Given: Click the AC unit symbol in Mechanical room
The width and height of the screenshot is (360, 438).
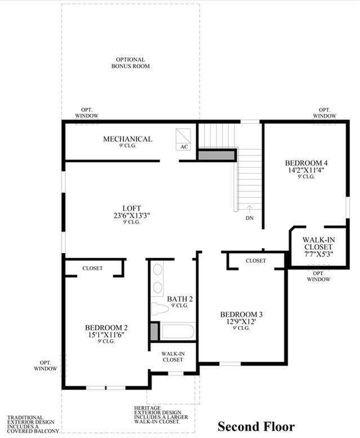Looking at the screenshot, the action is [183, 139].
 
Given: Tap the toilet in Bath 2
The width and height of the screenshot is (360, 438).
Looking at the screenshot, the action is [160, 308].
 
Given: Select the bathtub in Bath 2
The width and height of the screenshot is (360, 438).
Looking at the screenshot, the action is [178, 331].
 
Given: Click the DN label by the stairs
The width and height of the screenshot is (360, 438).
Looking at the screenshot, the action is [250, 218].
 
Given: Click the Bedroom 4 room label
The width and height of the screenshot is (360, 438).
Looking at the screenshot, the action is [306, 163].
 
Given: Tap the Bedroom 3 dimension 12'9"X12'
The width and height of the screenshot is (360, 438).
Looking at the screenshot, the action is [241, 321].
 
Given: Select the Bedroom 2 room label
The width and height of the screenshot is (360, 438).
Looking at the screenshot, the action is [106, 328].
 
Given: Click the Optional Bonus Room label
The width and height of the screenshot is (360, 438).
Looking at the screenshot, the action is [131, 63].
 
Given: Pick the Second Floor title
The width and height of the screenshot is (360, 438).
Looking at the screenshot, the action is [256, 427].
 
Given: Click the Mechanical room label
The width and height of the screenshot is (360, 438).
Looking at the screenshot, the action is [128, 139].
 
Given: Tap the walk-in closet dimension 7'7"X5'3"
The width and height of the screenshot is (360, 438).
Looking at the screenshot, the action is [318, 254].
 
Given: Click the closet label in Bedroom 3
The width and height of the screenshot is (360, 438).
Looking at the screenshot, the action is [256, 260].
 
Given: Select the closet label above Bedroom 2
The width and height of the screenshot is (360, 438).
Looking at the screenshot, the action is [92, 268].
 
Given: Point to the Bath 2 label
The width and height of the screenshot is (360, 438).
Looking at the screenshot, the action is [180, 299].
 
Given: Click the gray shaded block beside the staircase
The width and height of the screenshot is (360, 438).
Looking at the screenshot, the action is [216, 155].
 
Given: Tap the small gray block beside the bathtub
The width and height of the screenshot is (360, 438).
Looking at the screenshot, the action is [154, 331].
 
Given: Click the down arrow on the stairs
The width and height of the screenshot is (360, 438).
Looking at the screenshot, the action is [250, 209].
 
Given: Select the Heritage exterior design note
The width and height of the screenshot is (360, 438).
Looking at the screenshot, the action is [161, 415].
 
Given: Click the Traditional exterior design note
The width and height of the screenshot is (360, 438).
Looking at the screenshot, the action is [33, 424].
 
